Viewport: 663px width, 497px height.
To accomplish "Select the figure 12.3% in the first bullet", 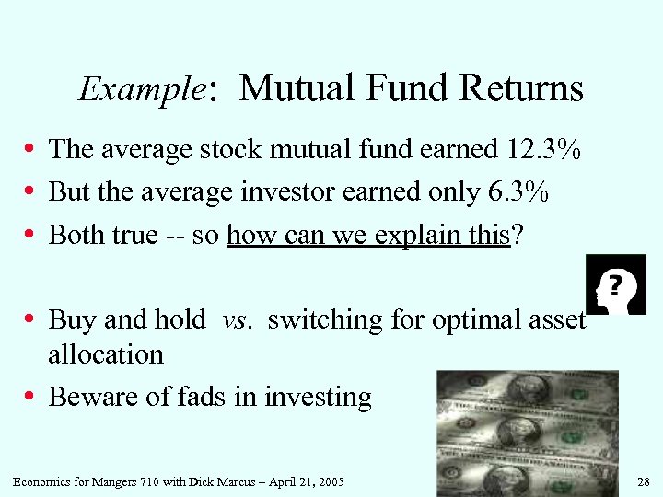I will (x=543, y=149).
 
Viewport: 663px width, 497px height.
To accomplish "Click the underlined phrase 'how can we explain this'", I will (x=367, y=235).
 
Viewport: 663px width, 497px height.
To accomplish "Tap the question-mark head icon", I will (x=616, y=284).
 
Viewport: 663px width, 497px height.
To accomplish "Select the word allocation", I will (x=106, y=354).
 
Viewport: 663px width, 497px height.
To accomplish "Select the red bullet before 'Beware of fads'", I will (x=30, y=398).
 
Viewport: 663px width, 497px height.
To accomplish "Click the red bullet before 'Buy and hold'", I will (x=30, y=320).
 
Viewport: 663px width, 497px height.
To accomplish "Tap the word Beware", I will (x=88, y=398).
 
